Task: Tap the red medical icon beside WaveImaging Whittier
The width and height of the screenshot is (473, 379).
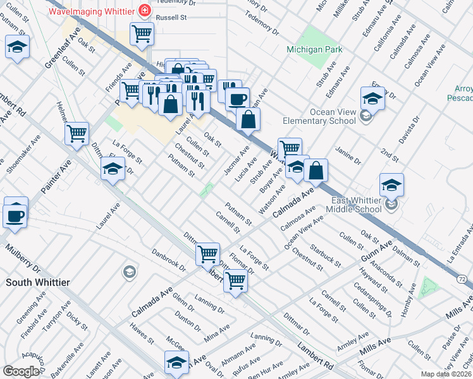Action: coord(145,11)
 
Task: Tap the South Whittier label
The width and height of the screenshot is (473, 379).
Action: coord(37,282)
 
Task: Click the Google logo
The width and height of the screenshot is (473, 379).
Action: coord(21,371)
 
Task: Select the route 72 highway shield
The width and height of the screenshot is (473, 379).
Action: coord(463,278)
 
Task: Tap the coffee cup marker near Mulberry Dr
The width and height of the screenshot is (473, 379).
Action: coord(16,215)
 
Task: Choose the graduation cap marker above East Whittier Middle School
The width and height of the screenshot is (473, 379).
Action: coord(391,185)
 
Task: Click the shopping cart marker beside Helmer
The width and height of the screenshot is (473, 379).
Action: coord(77,133)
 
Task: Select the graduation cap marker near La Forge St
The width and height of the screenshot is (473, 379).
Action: coord(113,169)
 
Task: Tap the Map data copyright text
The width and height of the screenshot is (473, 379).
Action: coord(446,374)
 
